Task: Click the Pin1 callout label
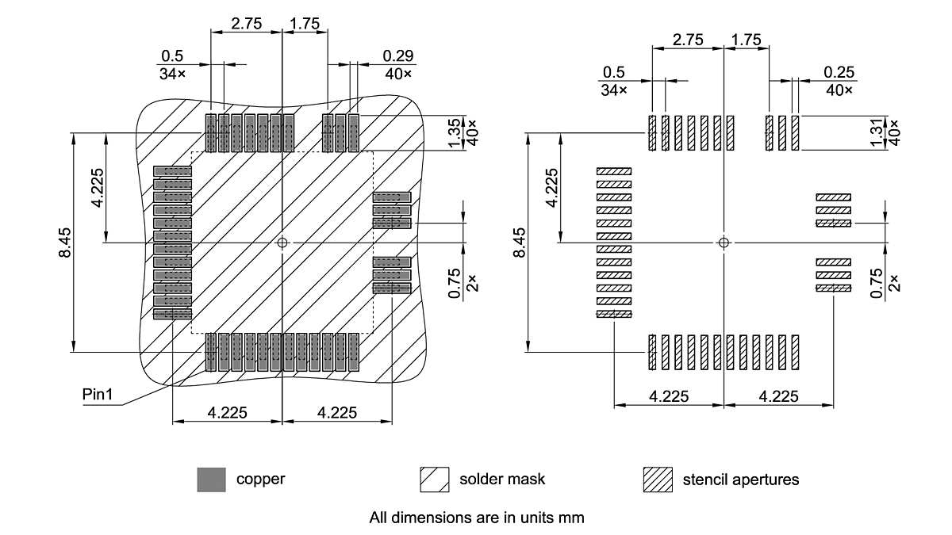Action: (x=98, y=394)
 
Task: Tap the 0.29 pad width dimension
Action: (x=397, y=56)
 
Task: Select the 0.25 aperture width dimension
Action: (x=839, y=72)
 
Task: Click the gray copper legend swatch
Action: (x=211, y=480)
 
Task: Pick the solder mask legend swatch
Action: (x=434, y=480)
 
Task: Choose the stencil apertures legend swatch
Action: (x=658, y=480)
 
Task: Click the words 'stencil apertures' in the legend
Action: (x=741, y=480)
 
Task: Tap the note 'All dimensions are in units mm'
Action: (x=476, y=518)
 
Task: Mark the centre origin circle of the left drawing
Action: (x=282, y=243)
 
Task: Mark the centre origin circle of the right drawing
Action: (x=723, y=242)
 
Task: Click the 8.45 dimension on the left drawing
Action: (x=65, y=242)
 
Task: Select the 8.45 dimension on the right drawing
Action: (x=520, y=242)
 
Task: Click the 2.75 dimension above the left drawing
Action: (x=246, y=23)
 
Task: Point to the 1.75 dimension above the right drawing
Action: (x=747, y=39)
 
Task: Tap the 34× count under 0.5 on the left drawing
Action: (x=171, y=74)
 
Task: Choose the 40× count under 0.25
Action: (x=839, y=90)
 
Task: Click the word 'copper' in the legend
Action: (x=260, y=480)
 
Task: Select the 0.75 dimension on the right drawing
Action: (x=877, y=283)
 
